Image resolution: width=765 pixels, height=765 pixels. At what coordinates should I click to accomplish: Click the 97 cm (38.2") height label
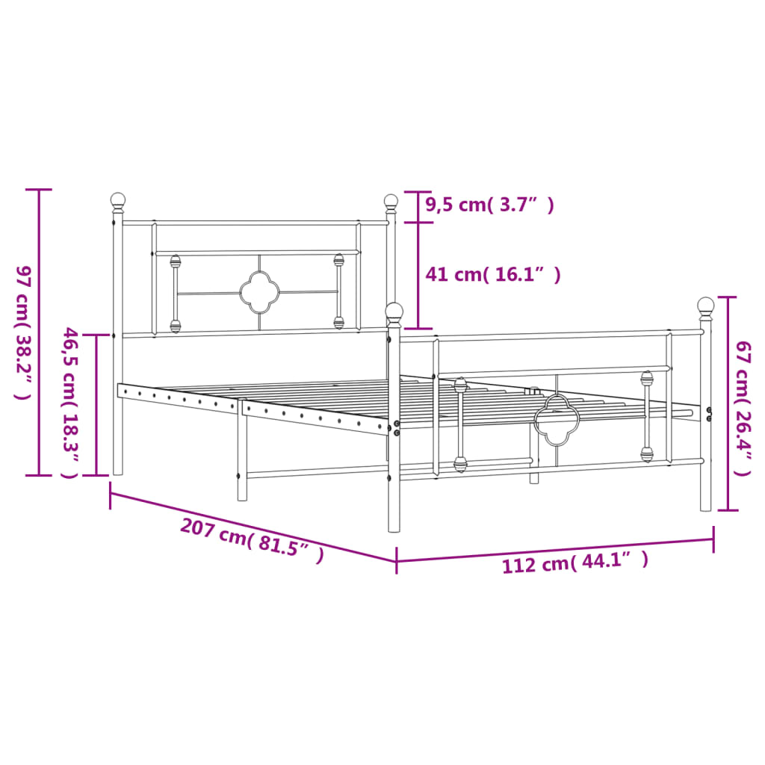(x=23, y=332)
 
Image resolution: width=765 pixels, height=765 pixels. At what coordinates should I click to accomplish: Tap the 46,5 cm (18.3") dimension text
(x=69, y=403)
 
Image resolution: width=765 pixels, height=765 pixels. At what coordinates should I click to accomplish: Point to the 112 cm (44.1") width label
(x=575, y=562)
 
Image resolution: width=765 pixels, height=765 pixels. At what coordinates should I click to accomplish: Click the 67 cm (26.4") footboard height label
(x=743, y=409)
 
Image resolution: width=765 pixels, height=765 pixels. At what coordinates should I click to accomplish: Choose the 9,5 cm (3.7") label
(x=490, y=205)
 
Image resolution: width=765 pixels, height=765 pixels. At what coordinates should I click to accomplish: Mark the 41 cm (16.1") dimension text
(x=493, y=275)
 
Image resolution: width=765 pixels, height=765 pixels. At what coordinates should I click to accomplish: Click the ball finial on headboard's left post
(x=118, y=200)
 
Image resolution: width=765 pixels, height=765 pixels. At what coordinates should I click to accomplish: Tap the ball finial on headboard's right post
(x=391, y=201)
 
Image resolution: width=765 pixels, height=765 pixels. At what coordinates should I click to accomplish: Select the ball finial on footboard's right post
(x=706, y=306)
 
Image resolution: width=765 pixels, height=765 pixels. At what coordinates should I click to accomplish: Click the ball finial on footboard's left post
(x=394, y=311)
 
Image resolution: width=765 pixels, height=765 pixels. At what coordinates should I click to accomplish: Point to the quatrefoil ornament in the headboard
(x=258, y=293)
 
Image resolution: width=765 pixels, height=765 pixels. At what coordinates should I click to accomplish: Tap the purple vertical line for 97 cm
(x=39, y=332)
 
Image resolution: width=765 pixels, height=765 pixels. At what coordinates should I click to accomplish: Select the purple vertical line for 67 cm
(x=728, y=403)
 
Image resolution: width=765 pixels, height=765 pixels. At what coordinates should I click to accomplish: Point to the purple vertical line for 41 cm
(x=418, y=275)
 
